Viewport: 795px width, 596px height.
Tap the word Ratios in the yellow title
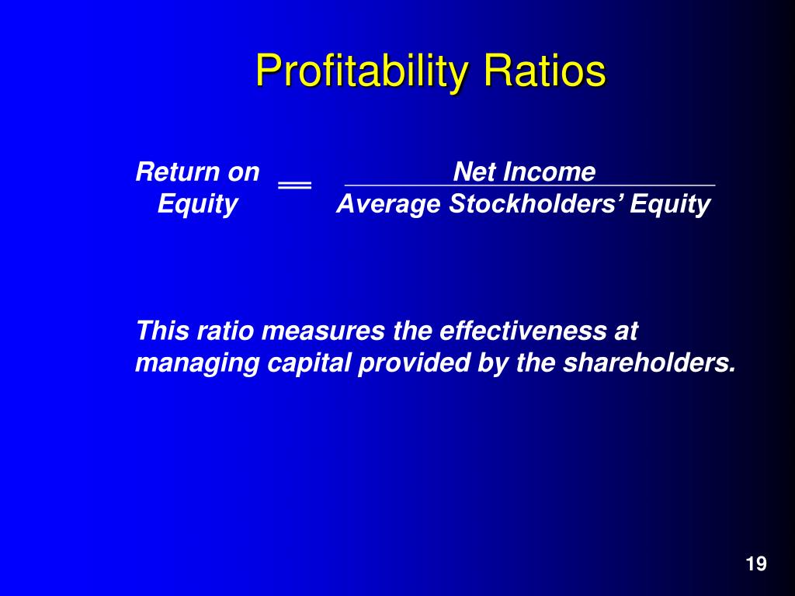tap(544, 70)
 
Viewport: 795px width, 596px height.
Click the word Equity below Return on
tap(197, 205)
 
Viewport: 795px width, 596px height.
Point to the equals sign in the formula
tap(294, 185)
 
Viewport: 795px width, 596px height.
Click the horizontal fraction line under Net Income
tap(529, 185)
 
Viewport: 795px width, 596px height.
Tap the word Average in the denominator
tap(388, 205)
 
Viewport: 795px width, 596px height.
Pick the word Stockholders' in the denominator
tap(536, 204)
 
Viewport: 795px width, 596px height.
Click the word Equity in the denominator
tap(670, 205)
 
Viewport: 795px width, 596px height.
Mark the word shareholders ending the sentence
tap(647, 363)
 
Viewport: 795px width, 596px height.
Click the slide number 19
tap(756, 564)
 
